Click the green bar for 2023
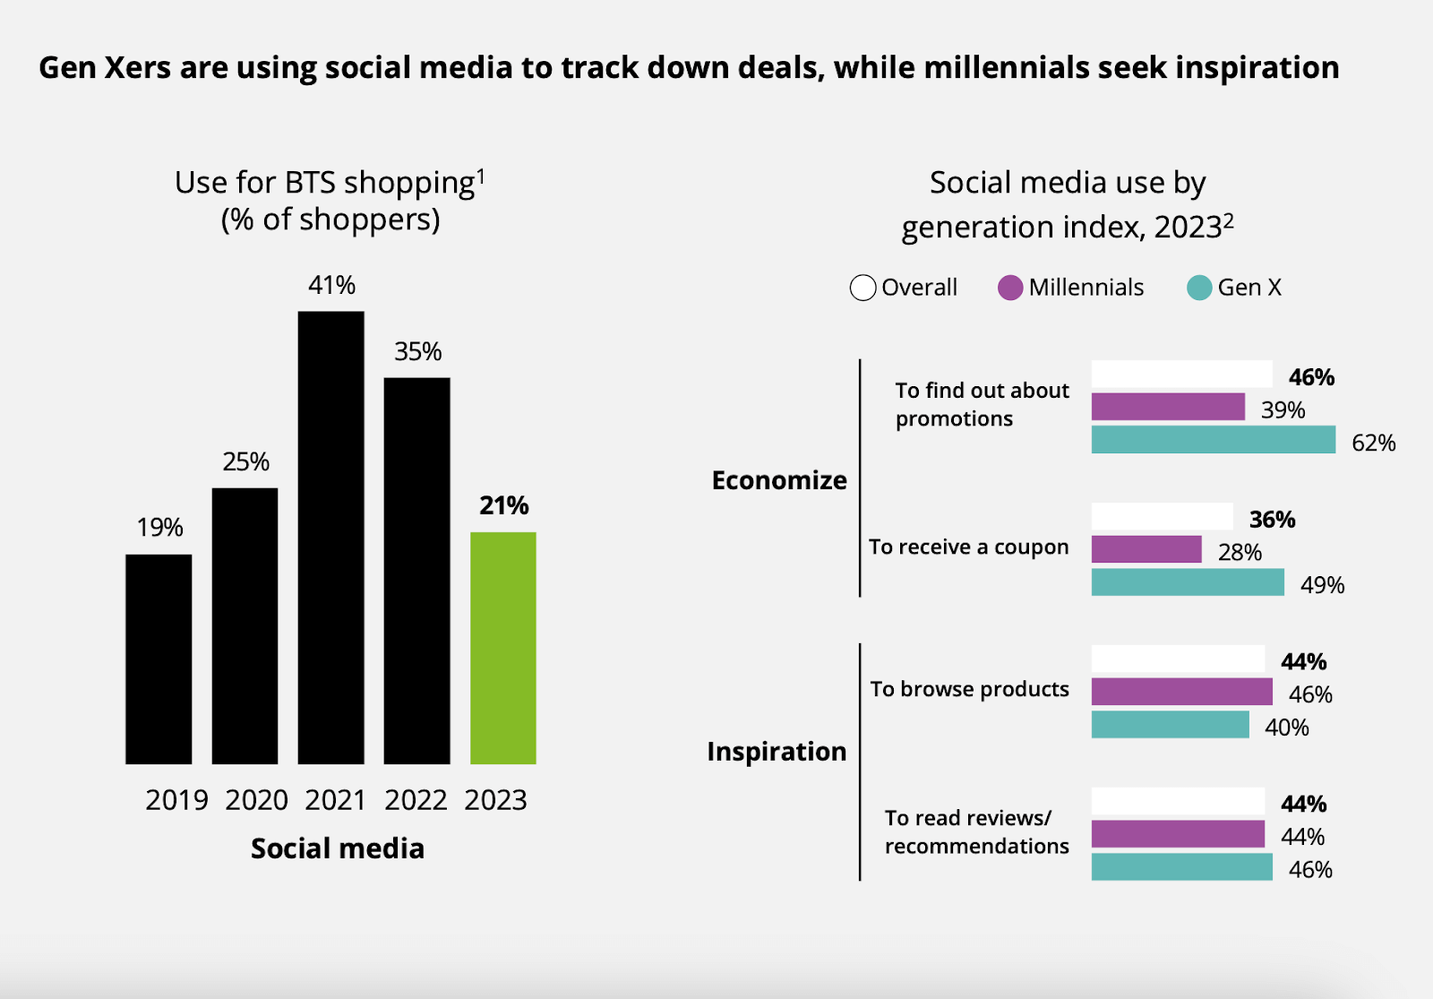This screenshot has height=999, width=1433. click(502, 648)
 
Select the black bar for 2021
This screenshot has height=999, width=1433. click(330, 538)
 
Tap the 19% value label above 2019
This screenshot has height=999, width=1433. click(159, 528)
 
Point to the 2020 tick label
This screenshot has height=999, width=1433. click(256, 800)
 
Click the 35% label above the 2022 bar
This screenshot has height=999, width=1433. click(418, 351)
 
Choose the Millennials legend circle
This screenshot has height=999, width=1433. click(1010, 288)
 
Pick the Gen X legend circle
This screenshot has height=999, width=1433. click(1199, 288)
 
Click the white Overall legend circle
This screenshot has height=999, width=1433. click(862, 288)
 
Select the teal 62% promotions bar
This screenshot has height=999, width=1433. click(1213, 440)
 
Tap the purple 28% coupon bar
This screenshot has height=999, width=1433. click(1146, 549)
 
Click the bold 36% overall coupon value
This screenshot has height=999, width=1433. click(1272, 520)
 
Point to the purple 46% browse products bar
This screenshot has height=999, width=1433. click(1181, 692)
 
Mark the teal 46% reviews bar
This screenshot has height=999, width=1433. click(1181, 867)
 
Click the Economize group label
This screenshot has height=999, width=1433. click(779, 480)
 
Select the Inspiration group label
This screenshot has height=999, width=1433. click(777, 751)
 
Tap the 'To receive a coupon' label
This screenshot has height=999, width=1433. click(968, 547)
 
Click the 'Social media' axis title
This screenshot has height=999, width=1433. click(338, 848)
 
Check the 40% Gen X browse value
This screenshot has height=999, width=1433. click(1287, 728)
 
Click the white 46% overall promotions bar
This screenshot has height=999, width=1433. click(1181, 375)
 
